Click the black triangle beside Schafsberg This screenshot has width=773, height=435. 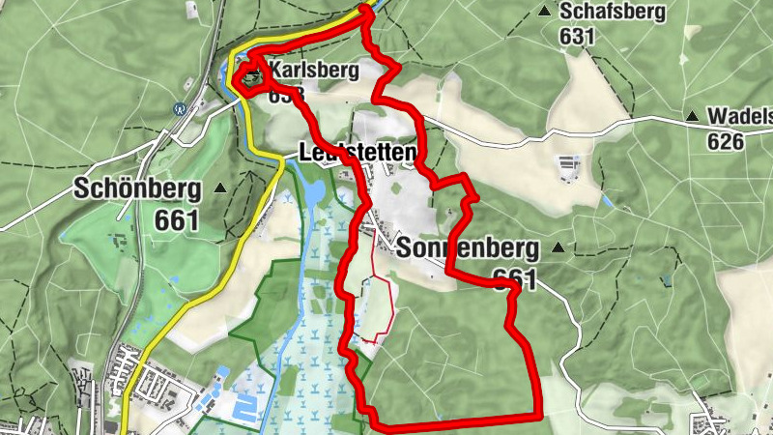(x=545, y=12)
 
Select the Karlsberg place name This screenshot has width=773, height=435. (x=314, y=71)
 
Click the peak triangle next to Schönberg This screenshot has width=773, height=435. (x=220, y=188)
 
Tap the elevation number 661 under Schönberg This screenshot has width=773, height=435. (x=176, y=220)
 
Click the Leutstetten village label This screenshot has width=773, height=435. (x=358, y=154)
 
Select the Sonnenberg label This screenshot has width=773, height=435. (x=467, y=247)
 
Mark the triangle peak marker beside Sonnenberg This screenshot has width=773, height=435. (x=558, y=247)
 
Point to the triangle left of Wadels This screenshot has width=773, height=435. (x=692, y=117)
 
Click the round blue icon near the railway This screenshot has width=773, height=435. (x=179, y=109)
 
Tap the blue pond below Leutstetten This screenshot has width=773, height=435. (x=315, y=192)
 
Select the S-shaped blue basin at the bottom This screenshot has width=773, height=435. (x=246, y=407)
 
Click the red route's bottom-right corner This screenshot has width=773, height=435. (x=537, y=416)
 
